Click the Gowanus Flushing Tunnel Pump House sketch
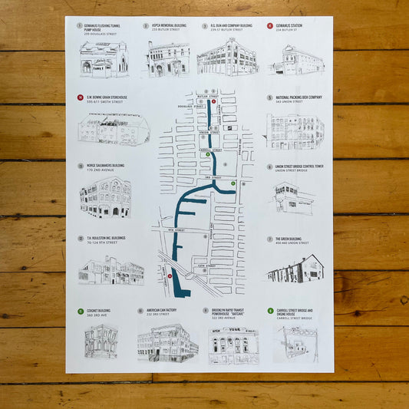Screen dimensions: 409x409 point(103,58)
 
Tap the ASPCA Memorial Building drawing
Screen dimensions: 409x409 point(168,58)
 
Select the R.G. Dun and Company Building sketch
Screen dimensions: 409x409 point(227,57)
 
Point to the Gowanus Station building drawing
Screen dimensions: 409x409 point(295,59)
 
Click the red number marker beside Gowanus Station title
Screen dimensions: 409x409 point(270,25)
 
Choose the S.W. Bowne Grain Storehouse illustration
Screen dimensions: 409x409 point(113,130)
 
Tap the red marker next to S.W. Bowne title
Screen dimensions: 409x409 point(81,97)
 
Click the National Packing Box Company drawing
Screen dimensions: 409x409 point(295,131)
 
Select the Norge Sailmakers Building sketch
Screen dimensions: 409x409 point(105,197)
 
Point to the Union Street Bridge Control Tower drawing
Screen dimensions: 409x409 point(293,199)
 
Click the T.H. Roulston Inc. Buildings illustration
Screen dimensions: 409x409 point(110,270)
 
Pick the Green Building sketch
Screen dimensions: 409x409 point(295,269)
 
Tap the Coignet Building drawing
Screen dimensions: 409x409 point(101,341)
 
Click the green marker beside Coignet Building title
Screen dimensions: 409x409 point(80,312)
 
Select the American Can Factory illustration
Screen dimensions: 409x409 point(167,342)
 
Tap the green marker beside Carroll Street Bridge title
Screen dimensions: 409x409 point(270,311)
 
